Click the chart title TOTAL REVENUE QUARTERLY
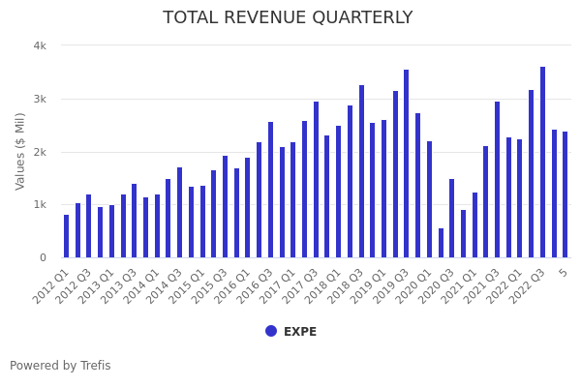pos(288,17)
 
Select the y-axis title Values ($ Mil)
pos(20,151)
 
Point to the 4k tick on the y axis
pos(40,45)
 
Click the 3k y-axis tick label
pos(40,99)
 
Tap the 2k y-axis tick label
pos(40,152)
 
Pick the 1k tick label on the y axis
pos(40,204)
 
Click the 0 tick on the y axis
pos(43,257)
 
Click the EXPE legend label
pos(300,332)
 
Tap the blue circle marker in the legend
pos(271,331)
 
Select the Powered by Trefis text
pos(60,366)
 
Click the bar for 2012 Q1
pos(67,236)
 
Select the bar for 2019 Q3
pos(407,164)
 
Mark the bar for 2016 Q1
pos(248,207)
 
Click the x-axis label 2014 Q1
pos(140,285)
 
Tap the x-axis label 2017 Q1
pos(277,285)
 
